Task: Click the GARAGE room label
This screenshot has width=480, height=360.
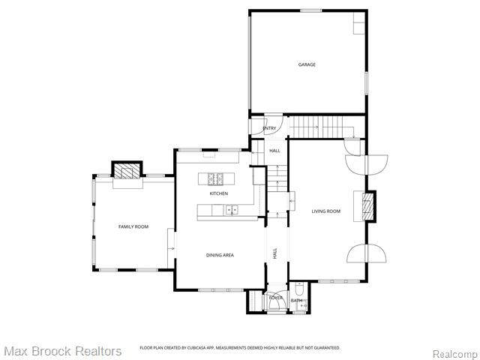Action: (x=307, y=64)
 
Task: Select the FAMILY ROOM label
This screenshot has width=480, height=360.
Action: (x=133, y=226)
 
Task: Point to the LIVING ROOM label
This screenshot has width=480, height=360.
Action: (x=326, y=211)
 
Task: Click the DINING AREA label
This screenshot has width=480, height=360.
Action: (x=220, y=255)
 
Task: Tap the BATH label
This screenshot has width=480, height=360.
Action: (x=296, y=301)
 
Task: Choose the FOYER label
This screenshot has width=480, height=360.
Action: (x=276, y=298)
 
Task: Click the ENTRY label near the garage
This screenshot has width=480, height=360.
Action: (x=269, y=128)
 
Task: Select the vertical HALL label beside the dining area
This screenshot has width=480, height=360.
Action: (x=275, y=254)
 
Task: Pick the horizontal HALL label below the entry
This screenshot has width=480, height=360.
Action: (x=274, y=151)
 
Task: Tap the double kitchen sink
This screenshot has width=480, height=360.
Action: (x=229, y=210)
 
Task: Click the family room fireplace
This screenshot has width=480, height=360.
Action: (x=126, y=171)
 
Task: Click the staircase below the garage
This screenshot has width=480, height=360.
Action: (x=316, y=127)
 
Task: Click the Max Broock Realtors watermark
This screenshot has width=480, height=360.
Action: (x=62, y=351)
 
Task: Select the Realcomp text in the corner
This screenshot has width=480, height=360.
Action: (x=454, y=352)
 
